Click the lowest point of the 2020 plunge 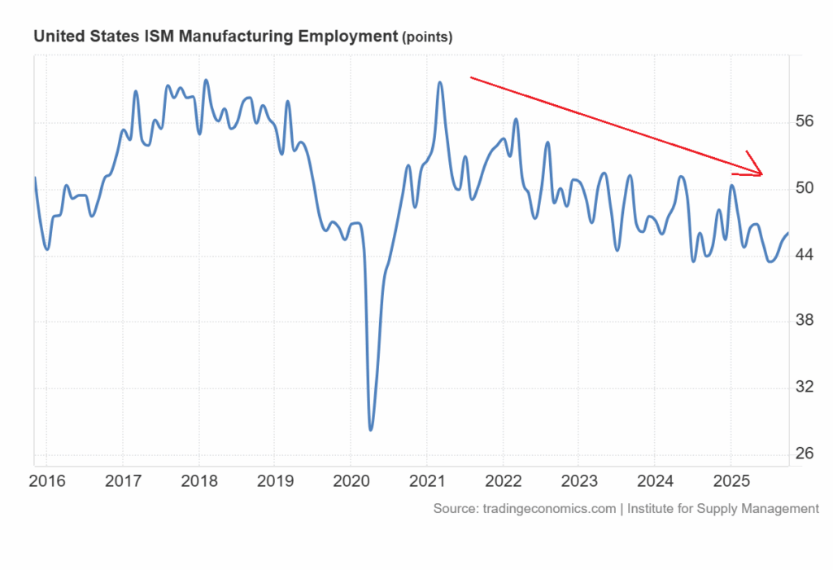[371, 429]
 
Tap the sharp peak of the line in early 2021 [440, 82]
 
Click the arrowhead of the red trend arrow [762, 173]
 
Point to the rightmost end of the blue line [787, 234]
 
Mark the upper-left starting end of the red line [471, 77]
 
